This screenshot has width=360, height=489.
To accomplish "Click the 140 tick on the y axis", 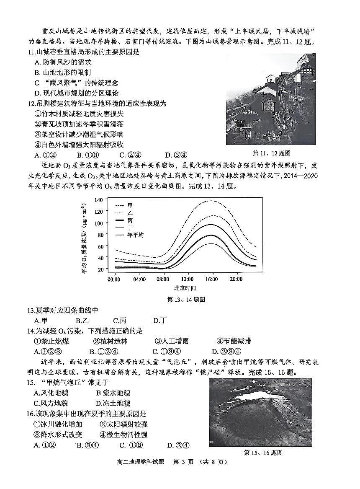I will [x=98, y=199].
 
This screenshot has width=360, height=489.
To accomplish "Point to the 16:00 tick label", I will [x=212, y=279].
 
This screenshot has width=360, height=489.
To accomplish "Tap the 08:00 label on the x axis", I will [x=163, y=279].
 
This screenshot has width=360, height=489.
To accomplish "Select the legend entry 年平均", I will [x=135, y=235].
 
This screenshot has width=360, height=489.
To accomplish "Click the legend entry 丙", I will [x=130, y=220].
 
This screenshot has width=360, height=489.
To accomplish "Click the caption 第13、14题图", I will [x=186, y=300].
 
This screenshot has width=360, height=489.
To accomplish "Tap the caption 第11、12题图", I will [x=272, y=153].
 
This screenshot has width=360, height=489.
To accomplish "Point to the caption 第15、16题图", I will [x=263, y=453].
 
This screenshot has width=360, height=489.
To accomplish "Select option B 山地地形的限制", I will [x=62, y=72].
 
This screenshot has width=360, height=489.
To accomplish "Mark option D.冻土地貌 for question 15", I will [x=113, y=403].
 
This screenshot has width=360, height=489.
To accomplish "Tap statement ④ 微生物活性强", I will [x=123, y=435].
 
